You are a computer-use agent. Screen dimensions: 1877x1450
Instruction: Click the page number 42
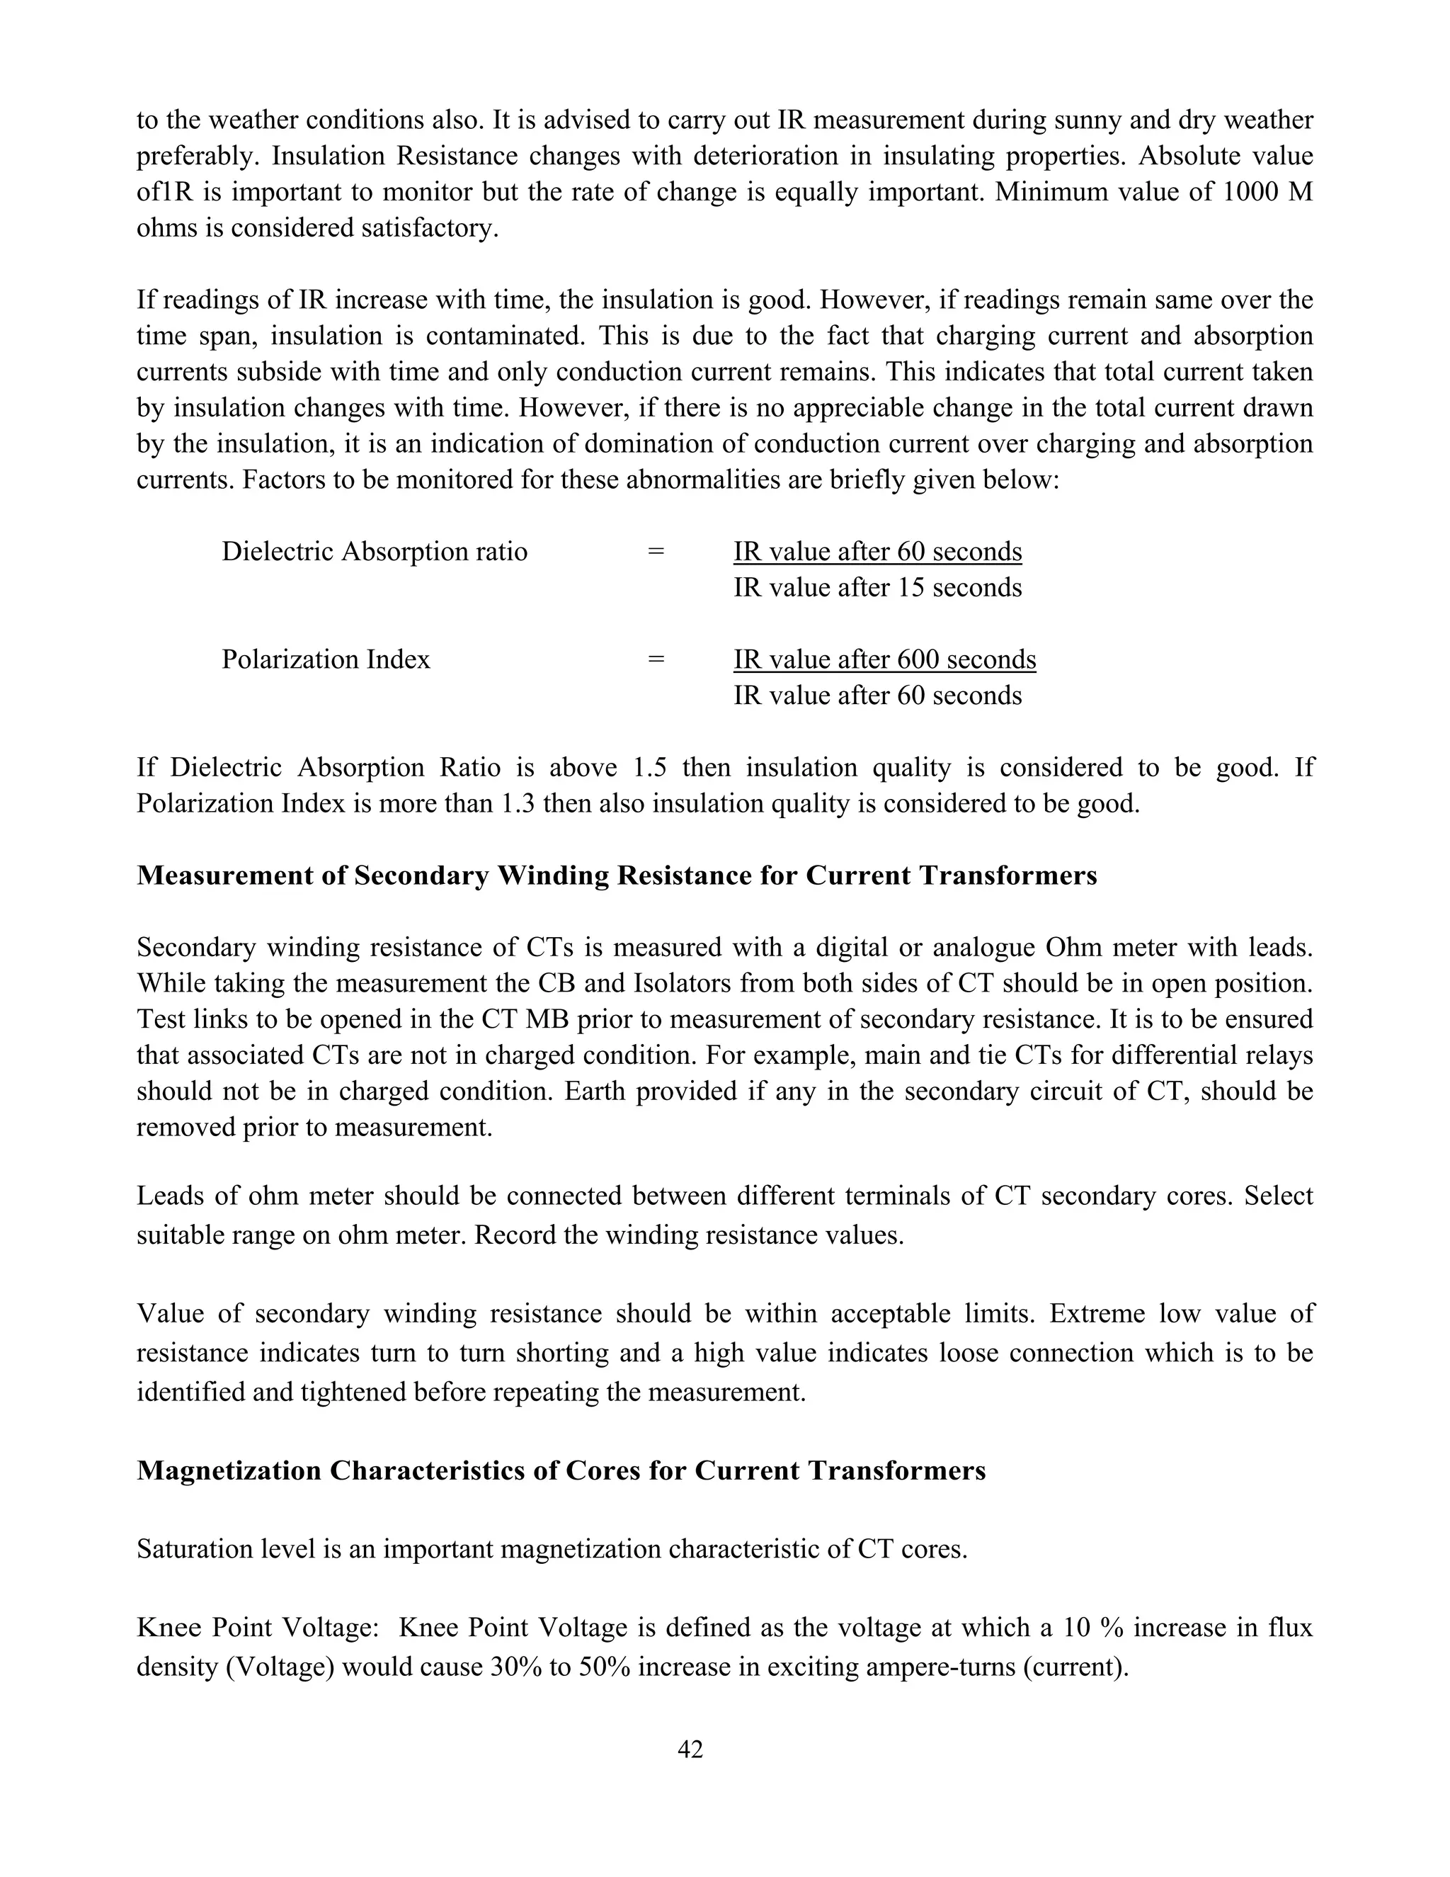pos(690,1749)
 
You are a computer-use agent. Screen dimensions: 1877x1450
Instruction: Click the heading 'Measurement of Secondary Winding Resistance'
pos(617,875)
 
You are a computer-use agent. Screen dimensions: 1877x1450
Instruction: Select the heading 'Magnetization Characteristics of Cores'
pos(561,1470)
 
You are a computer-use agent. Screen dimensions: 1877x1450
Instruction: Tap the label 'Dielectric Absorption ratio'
pos(375,551)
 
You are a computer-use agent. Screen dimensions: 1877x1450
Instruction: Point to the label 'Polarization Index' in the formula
pos(326,659)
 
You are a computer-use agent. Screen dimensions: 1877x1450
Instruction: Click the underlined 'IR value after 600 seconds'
pos(885,659)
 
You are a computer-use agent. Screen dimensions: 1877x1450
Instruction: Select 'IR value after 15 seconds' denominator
pos(877,588)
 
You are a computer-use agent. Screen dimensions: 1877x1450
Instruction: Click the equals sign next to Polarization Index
pos(656,659)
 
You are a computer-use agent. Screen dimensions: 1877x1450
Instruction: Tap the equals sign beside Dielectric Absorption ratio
pos(656,551)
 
